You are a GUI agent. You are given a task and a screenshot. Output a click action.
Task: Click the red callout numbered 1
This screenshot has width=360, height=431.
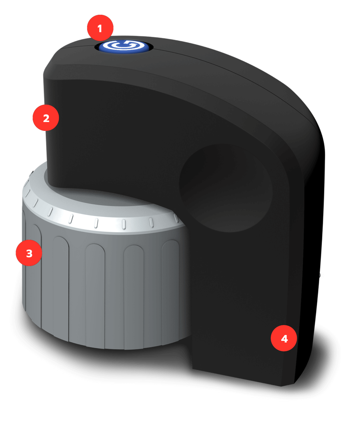tap(100, 29)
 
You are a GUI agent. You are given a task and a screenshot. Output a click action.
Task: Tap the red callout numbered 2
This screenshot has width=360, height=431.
tap(46, 118)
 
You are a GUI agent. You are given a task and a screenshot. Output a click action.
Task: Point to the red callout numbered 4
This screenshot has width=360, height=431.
tap(284, 339)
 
